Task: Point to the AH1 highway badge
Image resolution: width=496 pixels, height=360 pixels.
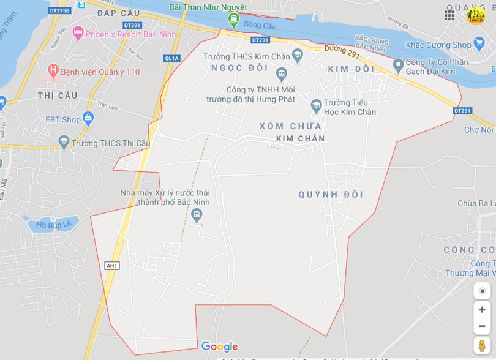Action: [x=111, y=265]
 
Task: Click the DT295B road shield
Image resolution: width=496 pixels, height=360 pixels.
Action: [x=59, y=10]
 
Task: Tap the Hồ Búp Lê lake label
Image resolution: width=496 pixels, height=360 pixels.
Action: [x=54, y=224]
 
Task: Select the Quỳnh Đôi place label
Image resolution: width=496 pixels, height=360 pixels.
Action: [x=331, y=194]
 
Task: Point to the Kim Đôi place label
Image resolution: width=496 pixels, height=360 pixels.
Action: [x=351, y=69]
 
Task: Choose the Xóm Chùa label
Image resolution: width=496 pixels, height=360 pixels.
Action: [x=281, y=126]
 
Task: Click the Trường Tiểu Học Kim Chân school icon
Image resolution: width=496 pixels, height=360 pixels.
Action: [x=316, y=105]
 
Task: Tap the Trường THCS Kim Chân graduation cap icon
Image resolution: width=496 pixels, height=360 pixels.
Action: [x=298, y=55]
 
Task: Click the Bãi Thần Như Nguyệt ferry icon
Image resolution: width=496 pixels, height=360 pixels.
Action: [x=233, y=20]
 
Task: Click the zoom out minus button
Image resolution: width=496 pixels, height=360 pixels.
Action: [x=482, y=326]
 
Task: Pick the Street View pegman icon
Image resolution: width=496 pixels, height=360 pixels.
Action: [x=482, y=346]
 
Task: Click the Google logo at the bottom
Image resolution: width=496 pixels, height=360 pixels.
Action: [x=219, y=347]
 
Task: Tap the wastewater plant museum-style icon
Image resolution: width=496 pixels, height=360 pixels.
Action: [x=197, y=214]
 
